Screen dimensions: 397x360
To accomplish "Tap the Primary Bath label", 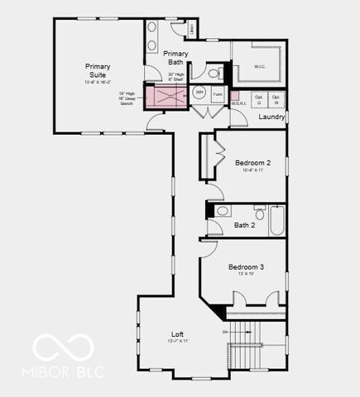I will [x=175, y=57].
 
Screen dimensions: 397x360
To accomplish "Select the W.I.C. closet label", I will [x=258, y=67].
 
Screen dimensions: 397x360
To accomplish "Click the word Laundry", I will [x=271, y=117].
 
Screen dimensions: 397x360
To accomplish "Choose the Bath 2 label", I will [x=244, y=225].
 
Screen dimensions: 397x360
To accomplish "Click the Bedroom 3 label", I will [x=246, y=267].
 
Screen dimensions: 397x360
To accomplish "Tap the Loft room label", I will [x=177, y=334].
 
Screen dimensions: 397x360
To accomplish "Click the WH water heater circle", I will [x=199, y=93].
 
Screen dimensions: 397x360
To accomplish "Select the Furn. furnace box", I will [x=218, y=94].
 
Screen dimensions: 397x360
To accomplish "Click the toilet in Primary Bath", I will [x=213, y=73].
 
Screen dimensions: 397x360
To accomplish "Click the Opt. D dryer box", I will [x=259, y=100].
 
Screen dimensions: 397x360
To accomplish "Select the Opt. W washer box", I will [x=276, y=100].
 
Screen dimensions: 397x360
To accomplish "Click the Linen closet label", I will [x=191, y=31].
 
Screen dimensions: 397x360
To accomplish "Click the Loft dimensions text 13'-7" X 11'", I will [x=177, y=342].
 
